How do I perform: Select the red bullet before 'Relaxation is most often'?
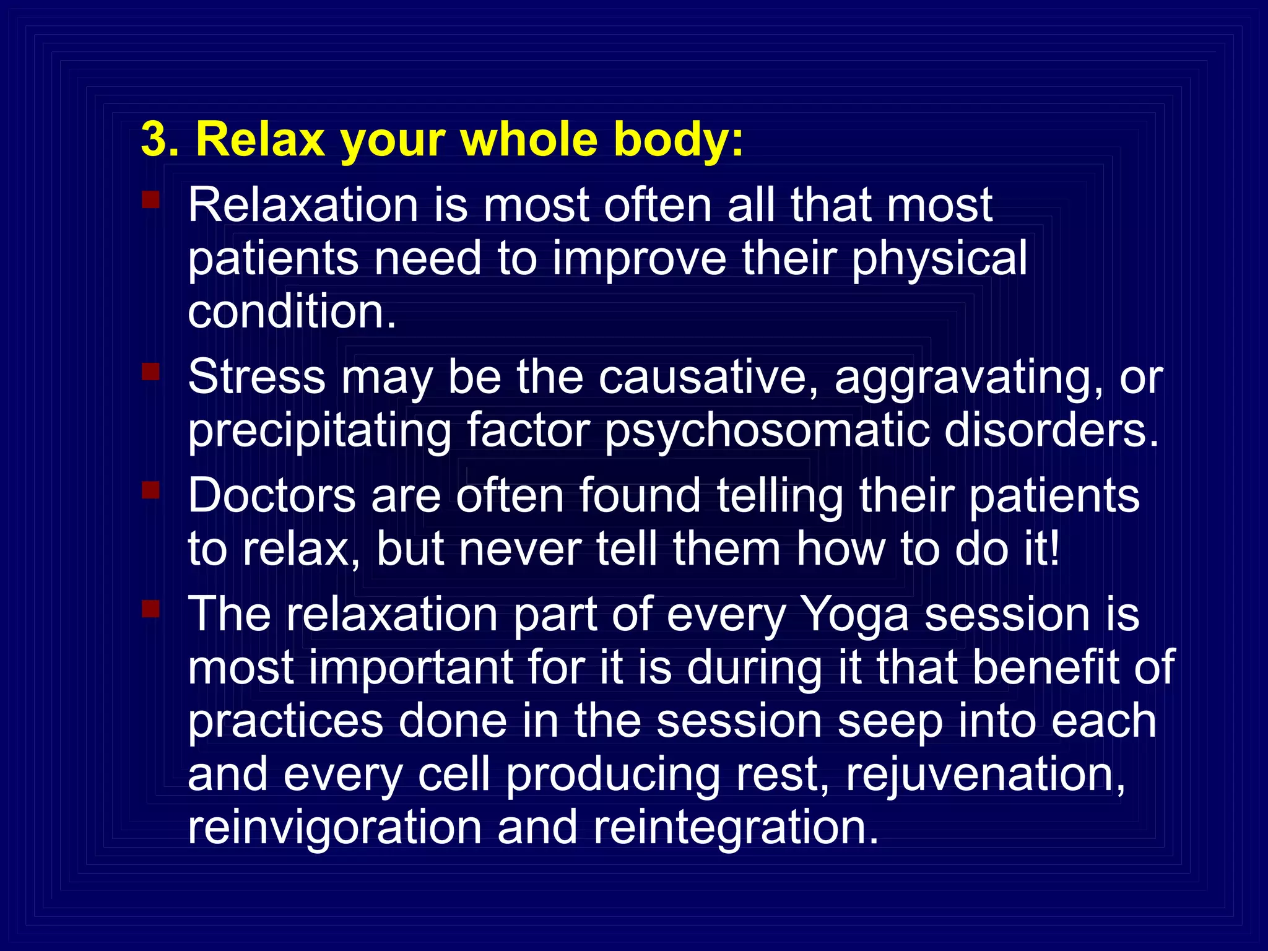[151, 199]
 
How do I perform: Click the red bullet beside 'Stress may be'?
[151, 371]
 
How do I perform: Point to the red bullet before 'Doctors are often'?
[151, 490]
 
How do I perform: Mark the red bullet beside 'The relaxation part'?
[151, 609]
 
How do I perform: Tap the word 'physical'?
[939, 260]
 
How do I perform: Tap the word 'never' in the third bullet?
[519, 549]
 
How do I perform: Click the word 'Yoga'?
[854, 616]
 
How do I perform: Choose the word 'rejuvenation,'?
[985, 775]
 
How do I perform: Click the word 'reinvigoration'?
[334, 828]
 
